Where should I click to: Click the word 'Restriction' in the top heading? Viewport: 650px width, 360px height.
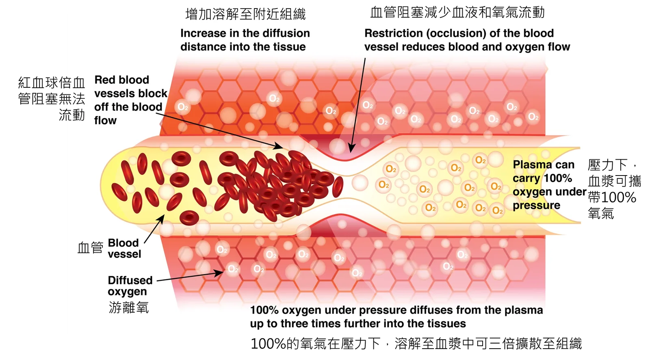click(393, 33)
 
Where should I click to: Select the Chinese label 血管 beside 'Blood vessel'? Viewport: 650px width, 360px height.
click(91, 248)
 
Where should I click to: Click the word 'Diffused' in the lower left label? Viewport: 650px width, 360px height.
click(130, 280)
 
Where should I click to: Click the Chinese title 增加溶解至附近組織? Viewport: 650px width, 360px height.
click(245, 14)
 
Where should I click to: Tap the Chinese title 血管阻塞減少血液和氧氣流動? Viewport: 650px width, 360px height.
click(457, 13)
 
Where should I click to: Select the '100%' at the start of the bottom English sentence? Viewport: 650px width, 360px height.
click(264, 310)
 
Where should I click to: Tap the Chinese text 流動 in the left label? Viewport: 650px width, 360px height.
click(72, 115)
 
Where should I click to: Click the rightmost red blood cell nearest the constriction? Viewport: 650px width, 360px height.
click(338, 187)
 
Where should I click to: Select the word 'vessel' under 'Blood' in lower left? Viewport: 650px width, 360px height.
click(124, 254)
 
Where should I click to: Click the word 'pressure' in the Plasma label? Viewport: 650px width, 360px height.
click(536, 206)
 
